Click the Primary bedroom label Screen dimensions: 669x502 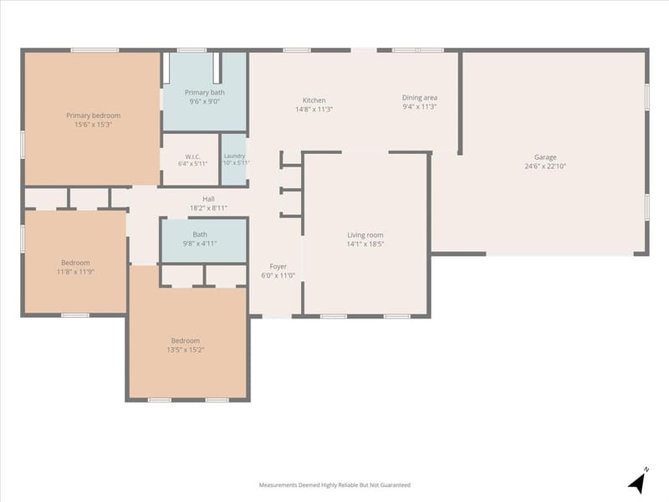pos(93,115)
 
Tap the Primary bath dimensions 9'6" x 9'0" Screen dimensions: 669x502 pos(204,101)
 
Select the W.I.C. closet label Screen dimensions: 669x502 pos(193,156)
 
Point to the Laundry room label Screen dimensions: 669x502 pos(234,156)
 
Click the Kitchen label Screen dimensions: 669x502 pos(314,100)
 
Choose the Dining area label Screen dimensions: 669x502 pos(420,98)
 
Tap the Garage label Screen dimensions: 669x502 pos(545,157)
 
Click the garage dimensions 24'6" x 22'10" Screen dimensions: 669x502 pos(545,166)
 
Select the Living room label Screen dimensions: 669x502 pos(365,235)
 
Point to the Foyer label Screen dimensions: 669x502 pos(278,266)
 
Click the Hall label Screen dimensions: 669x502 pos(208,199)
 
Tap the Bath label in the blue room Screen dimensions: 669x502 pos(200,234)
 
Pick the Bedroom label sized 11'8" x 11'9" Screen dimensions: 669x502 pos(75,263)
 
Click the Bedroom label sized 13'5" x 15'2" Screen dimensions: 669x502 pos(186,341)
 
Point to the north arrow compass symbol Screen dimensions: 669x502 pos(637,482)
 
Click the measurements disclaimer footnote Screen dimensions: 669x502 pos(335,485)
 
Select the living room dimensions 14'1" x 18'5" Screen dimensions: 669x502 pos(365,243)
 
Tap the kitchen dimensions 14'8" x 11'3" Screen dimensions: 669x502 pos(314,110)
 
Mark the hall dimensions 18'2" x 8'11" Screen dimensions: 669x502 pos(208,207)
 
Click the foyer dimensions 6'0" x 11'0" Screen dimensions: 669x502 pos(278,275)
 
